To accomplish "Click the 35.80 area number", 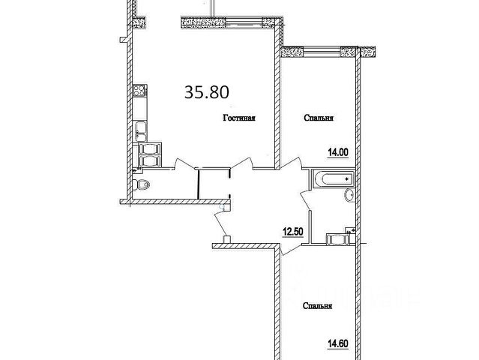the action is coord(206,91).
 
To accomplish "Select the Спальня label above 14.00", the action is coord(319,118).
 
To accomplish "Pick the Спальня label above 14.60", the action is coord(319,306).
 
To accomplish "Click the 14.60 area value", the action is coord(338,346).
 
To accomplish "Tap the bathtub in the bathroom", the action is coord(331,179).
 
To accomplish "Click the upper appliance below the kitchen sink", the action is coord(148,148).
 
